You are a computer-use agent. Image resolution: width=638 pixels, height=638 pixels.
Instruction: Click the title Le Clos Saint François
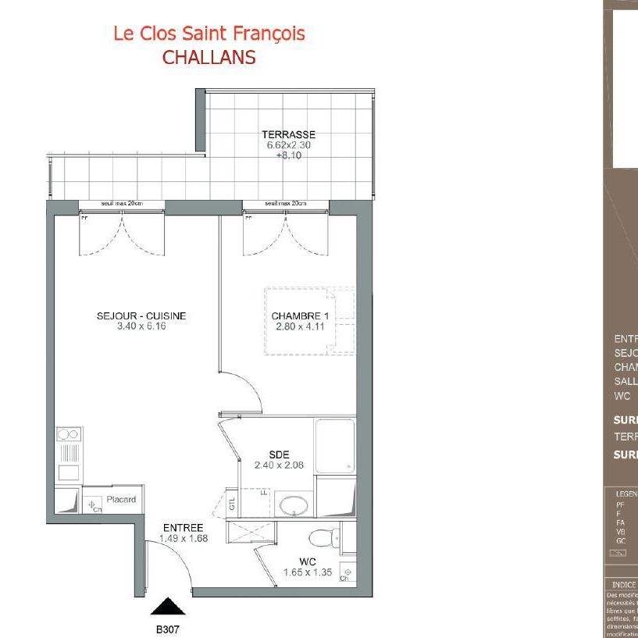209,34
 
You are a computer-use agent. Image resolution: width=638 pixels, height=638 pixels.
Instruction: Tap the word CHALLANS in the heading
209,58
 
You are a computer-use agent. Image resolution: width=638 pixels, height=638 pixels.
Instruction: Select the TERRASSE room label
288,134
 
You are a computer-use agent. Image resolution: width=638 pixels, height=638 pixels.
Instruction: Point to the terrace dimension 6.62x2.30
288,145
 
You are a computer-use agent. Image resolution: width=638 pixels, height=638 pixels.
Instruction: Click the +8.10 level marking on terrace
288,155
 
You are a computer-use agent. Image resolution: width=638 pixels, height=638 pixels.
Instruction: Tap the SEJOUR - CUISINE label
141,316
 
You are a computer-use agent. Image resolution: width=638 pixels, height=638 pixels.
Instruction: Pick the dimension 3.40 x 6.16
141,326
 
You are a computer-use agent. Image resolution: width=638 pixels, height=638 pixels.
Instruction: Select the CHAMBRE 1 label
300,316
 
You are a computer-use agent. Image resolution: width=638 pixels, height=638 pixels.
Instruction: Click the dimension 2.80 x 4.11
300,326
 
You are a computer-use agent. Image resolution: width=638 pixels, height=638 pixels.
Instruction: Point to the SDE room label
278,454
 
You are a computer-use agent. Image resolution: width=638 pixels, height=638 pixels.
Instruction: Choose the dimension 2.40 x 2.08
278,465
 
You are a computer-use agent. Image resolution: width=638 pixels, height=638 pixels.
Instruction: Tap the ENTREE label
184,528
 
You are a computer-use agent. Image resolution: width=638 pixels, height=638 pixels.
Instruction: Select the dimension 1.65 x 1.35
307,572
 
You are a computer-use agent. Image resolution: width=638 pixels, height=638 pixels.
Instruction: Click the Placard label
121,500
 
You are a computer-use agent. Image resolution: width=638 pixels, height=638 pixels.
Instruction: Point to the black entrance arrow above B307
168,607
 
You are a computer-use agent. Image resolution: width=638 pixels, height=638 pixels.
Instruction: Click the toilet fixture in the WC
323,537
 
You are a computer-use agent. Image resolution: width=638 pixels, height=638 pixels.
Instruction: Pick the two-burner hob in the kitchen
69,435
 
